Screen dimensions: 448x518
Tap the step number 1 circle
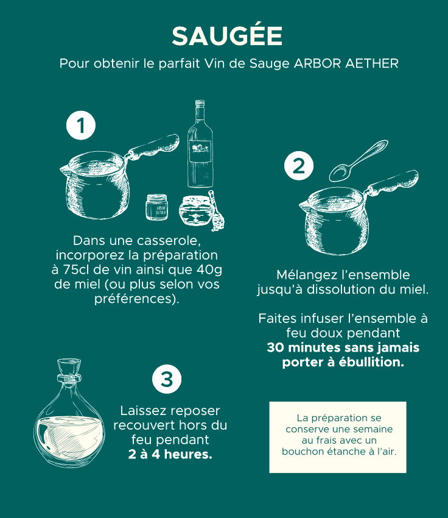(81, 126)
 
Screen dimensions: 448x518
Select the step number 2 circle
(299, 166)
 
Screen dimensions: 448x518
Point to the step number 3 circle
(167, 379)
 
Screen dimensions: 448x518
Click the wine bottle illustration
(200, 144)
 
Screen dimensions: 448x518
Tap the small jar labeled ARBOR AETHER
(156, 207)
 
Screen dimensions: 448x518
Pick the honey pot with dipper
(202, 211)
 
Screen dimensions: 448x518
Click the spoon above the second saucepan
(359, 160)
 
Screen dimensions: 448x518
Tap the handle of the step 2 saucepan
(393, 183)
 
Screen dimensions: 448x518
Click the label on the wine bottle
(200, 151)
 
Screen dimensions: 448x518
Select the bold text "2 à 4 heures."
(170, 454)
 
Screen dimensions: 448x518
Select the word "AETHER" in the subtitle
(372, 63)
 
